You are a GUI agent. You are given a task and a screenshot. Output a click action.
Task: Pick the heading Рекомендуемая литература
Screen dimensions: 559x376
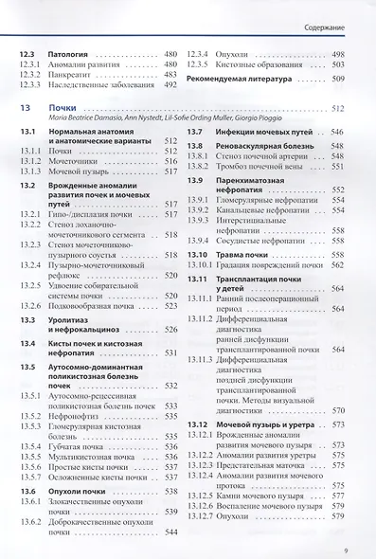click(x=241, y=79)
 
